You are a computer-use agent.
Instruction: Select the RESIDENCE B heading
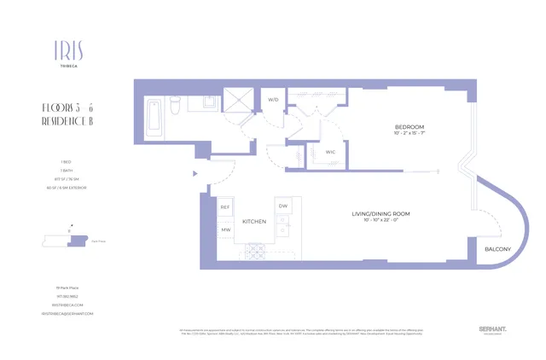[68, 122]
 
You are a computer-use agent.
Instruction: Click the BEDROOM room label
[409, 125]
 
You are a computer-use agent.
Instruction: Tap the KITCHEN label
[254, 221]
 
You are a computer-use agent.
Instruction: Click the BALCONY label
[497, 249]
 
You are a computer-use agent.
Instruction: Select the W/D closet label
[273, 100]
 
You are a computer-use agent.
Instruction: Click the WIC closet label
[330, 152]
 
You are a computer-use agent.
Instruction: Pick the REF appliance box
[225, 207]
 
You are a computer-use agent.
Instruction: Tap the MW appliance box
[225, 229]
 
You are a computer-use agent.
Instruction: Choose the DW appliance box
[283, 206]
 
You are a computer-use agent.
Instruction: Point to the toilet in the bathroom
[175, 106]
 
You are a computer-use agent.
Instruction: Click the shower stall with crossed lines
[240, 101]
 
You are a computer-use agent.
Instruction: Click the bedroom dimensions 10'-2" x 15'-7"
[409, 133]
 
